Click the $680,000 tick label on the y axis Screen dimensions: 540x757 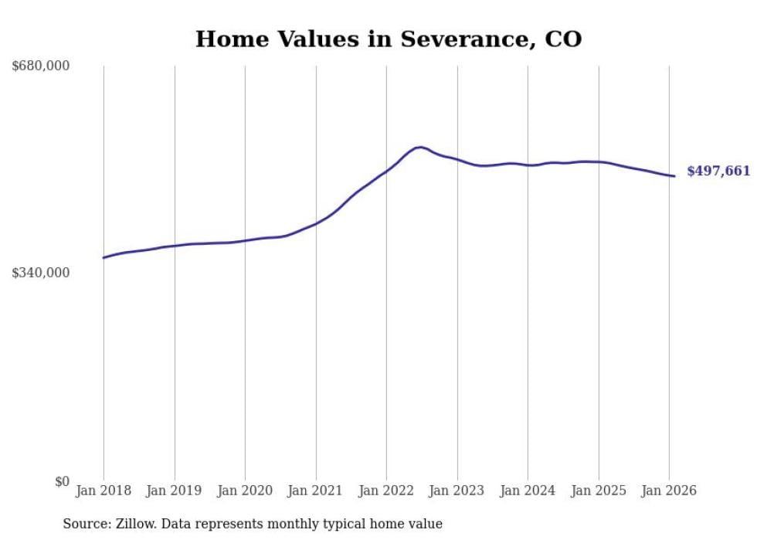tap(41, 66)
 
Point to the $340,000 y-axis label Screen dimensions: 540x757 tap(41, 273)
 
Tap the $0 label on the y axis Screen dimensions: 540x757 tap(62, 481)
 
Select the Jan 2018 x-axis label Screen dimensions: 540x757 tap(104, 491)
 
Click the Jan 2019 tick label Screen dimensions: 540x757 tap(175, 491)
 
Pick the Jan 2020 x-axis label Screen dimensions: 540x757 tap(245, 491)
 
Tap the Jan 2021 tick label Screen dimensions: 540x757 tap(316, 491)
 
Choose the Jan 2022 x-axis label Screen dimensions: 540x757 tap(386, 491)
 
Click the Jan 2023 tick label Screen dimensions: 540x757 tap(457, 491)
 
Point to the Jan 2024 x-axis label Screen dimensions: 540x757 tap(528, 491)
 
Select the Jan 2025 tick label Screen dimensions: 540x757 tap(599, 491)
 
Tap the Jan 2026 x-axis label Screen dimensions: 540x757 tap(669, 491)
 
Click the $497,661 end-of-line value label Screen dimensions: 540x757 tap(718, 172)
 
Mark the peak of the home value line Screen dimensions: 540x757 tap(419, 147)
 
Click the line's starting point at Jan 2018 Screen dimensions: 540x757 tap(104, 257)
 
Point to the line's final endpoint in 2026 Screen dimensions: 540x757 tap(674, 176)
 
